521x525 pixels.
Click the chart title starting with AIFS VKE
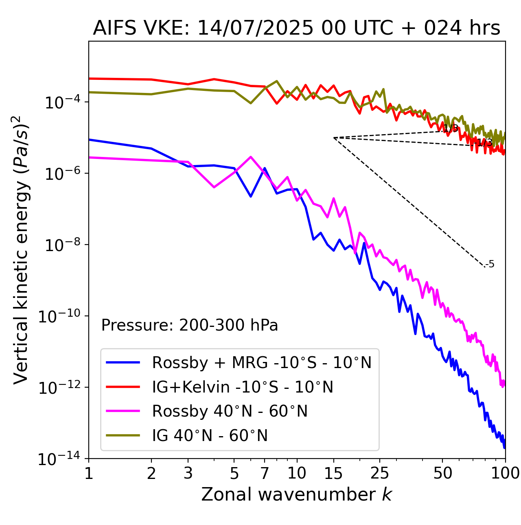click(296, 29)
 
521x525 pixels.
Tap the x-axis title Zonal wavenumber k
click(296, 494)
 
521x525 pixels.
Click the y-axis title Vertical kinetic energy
click(21, 249)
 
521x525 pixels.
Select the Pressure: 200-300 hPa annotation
click(190, 325)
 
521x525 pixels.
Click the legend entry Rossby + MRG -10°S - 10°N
click(262, 362)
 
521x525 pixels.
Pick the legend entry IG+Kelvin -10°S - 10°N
click(243, 387)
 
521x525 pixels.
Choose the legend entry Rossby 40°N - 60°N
click(230, 411)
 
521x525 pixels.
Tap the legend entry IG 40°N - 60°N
click(210, 436)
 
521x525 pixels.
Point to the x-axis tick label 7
click(265, 473)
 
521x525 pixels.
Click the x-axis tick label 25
click(380, 473)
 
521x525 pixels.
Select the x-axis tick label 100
click(505, 473)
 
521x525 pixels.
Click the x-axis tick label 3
click(188, 473)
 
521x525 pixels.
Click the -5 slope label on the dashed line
click(490, 264)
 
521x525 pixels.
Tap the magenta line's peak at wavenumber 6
click(251, 157)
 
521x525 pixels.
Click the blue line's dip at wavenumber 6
click(251, 196)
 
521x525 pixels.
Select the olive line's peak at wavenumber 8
click(277, 81)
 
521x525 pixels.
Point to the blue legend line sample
click(123, 362)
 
